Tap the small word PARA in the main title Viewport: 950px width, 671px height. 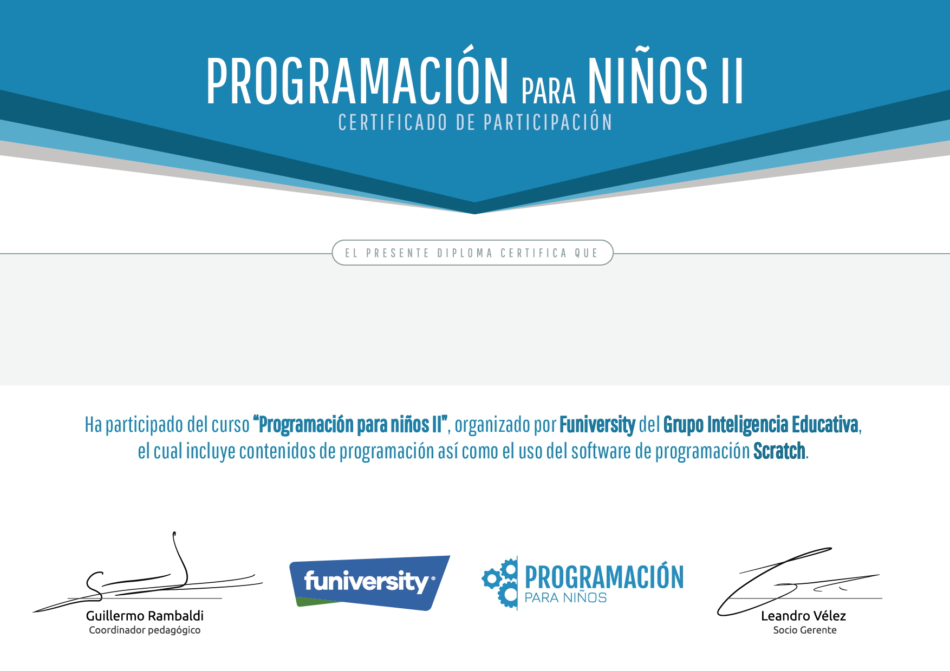548,91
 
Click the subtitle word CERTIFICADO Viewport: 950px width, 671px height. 393,122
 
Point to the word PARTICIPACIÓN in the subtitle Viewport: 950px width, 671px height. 548,122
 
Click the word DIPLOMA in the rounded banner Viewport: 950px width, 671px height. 465,253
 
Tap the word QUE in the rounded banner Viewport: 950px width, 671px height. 586,253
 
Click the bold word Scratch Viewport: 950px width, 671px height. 779,451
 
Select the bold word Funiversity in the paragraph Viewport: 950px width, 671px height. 597,425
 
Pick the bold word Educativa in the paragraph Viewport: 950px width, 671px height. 825,425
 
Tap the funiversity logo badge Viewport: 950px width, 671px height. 370,582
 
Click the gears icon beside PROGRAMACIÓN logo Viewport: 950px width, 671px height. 499,583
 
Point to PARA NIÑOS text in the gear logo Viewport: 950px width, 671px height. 565,598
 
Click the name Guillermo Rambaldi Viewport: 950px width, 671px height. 145,616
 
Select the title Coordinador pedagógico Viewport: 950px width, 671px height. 145,630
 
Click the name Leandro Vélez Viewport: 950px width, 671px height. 803,616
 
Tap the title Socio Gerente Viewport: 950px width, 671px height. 805,630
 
